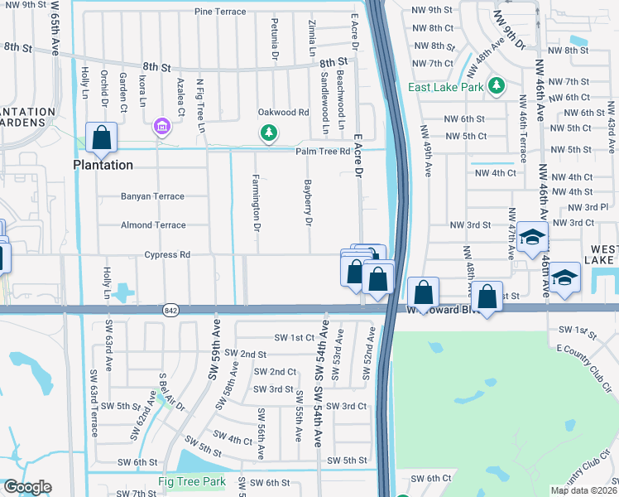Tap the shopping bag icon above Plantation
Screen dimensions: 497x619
[x=101, y=139]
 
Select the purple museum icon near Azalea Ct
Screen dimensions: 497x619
[x=161, y=127]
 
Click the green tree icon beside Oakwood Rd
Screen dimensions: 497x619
[x=268, y=132]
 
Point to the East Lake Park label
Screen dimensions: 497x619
[x=446, y=86]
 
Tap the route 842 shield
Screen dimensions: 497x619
[x=170, y=310]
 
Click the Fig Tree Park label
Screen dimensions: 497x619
[x=192, y=481]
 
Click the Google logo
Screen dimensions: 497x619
[x=26, y=487]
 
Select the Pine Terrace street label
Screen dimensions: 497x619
[x=220, y=12]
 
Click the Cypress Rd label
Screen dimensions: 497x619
[x=167, y=254]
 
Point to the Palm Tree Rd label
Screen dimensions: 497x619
[x=324, y=152]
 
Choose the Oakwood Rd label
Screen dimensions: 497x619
[x=283, y=112]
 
